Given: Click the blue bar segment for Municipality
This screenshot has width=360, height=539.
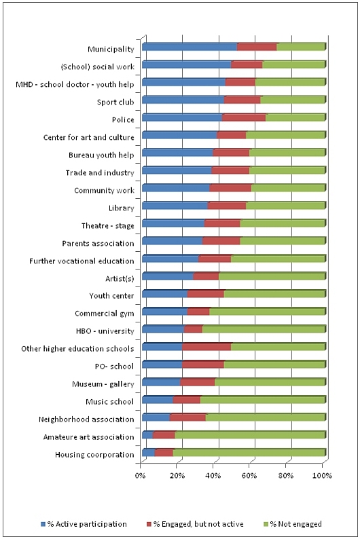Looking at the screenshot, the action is click(190, 47).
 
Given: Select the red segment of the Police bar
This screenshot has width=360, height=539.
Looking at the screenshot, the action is click(244, 117).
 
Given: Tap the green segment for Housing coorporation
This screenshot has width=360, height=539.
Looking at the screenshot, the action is click(249, 453).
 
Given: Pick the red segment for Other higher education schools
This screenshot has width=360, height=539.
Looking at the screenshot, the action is click(206, 347).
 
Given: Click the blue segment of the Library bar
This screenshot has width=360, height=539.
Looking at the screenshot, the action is click(175, 206).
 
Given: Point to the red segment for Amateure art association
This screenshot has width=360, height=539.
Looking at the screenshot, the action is click(164, 435).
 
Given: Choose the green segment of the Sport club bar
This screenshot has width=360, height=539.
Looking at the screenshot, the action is click(293, 100).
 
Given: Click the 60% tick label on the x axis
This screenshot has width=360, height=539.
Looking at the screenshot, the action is click(249, 476).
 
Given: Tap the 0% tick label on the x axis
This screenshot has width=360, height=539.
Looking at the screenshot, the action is click(141, 476).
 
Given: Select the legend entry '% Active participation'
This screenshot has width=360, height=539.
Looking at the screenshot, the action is click(84, 524).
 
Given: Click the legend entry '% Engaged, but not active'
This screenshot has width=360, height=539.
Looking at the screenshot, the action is click(195, 524).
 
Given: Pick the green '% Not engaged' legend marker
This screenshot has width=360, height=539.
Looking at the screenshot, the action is click(266, 524).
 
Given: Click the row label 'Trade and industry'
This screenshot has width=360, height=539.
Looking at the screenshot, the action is click(100, 172).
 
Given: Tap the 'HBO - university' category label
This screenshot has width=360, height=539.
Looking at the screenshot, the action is click(105, 331).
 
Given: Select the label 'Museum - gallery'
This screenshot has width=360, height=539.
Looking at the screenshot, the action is click(103, 384).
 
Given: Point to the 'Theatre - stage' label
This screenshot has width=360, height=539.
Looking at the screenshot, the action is click(107, 225).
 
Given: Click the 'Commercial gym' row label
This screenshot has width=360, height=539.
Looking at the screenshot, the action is click(105, 314).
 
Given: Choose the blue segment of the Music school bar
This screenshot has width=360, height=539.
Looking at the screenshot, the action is click(158, 400).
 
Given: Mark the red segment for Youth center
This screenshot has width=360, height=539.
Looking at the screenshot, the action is click(206, 294).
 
